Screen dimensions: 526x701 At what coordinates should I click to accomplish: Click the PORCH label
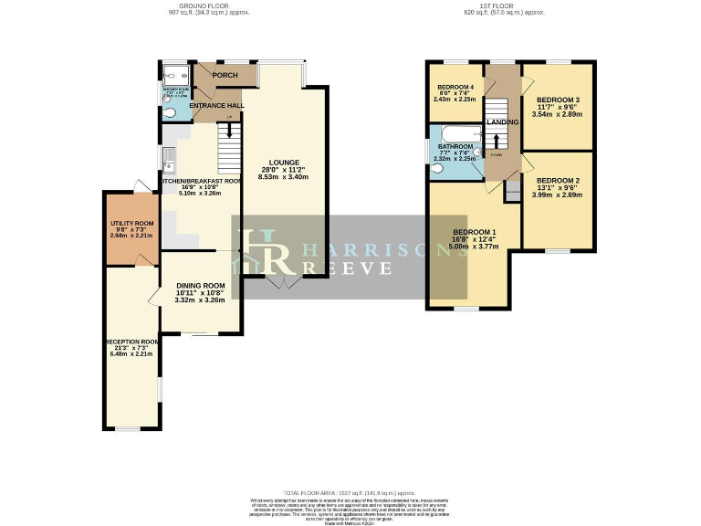[225, 76]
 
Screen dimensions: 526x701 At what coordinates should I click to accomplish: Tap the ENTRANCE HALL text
[216, 106]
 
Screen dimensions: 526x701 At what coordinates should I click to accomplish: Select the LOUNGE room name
[284, 163]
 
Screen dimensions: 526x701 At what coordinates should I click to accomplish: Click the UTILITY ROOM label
[132, 223]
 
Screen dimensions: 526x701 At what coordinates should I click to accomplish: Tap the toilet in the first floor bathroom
[436, 169]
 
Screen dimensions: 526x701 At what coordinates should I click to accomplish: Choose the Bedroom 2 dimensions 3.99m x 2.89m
[558, 195]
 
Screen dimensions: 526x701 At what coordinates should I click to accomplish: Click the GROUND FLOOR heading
[209, 6]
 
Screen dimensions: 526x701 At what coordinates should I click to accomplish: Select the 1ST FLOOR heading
[504, 6]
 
